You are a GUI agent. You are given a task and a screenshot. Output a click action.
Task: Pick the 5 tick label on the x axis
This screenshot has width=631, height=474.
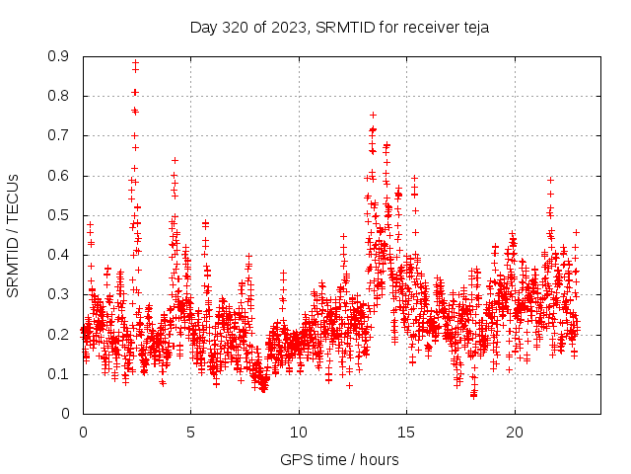(x=190, y=433)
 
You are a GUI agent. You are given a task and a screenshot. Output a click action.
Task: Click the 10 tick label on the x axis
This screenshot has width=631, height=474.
(x=299, y=433)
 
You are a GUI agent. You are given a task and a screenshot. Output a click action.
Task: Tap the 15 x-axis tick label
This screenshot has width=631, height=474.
(x=406, y=433)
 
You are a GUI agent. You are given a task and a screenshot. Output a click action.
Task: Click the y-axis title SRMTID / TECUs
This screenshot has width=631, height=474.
(x=14, y=235)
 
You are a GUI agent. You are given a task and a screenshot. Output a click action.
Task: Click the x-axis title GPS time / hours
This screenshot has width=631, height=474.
(x=340, y=459)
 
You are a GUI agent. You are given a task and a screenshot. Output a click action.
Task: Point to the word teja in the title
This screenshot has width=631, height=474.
(x=474, y=28)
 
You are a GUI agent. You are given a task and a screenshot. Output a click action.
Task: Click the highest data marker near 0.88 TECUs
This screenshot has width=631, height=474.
(x=135, y=63)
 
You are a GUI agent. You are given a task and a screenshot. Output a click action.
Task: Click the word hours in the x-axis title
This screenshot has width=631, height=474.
(x=380, y=459)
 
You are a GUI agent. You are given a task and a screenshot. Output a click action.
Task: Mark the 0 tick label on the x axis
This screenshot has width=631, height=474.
(x=83, y=433)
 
